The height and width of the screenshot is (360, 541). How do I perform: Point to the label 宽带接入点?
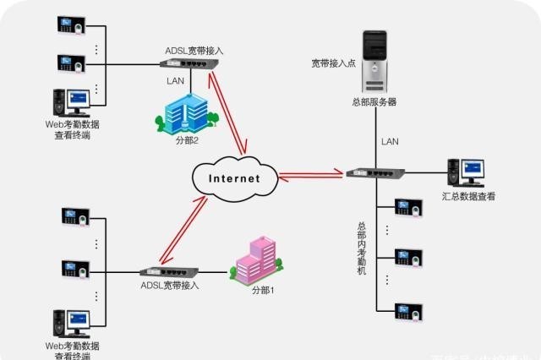coord(334,62)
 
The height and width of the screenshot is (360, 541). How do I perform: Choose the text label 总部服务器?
coord(374,101)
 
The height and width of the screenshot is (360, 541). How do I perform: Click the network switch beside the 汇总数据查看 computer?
coord(375,172)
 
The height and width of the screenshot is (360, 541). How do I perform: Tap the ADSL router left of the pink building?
coord(169,272)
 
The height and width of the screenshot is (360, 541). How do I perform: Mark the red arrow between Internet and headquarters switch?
coord(311,176)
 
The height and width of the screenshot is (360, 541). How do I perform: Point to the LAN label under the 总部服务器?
coord(390,141)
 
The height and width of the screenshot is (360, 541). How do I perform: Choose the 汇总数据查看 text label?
coord(468,196)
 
